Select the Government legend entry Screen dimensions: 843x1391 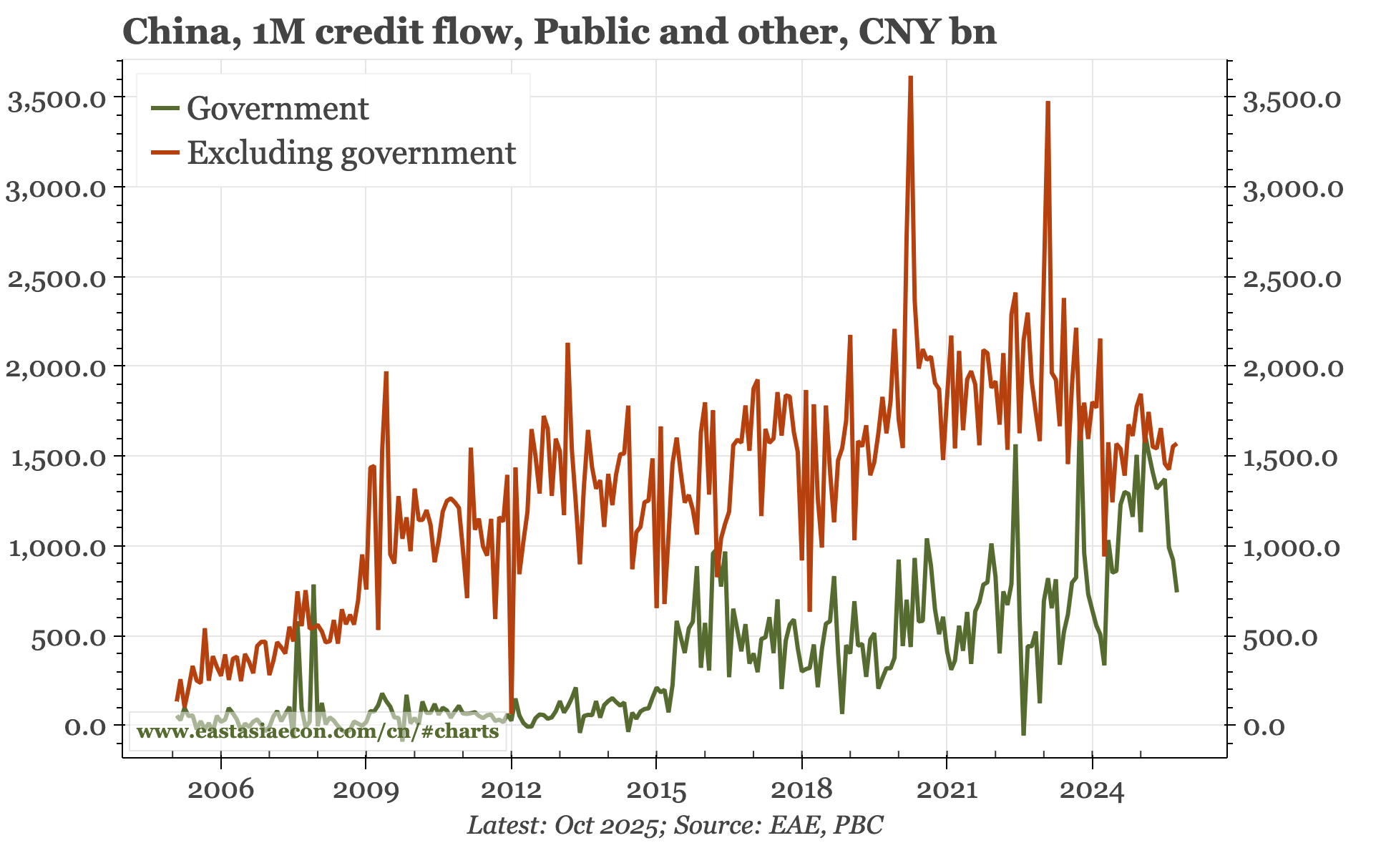pyautogui.click(x=277, y=109)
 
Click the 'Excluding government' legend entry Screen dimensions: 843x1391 pyautogui.click(x=351, y=153)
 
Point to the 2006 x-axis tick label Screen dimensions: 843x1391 pyautogui.click(x=221, y=789)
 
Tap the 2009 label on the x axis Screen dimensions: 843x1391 pyautogui.click(x=366, y=789)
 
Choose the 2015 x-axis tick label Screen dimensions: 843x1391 pyautogui.click(x=656, y=789)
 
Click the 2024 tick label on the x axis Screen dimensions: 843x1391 pyautogui.click(x=1092, y=789)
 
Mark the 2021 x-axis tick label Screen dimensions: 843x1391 pyautogui.click(x=947, y=789)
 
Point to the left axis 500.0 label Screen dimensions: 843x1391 pyautogui.click(x=69, y=637)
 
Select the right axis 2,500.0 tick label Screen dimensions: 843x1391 pyautogui.click(x=1292, y=278)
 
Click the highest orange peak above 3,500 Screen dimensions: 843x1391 pyautogui.click(x=910, y=77)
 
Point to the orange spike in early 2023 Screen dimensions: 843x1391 pyautogui.click(x=1048, y=103)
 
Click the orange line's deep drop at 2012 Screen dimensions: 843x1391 pyautogui.click(x=511, y=712)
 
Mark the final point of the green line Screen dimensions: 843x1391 pyautogui.click(x=1177, y=591)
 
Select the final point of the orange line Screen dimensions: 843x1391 pyautogui.click(x=1177, y=444)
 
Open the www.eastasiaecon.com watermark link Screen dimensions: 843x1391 pyautogui.click(x=317, y=731)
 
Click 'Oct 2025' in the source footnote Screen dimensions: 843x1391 pyautogui.click(x=606, y=825)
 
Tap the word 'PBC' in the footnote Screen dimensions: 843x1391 pyautogui.click(x=862, y=825)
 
